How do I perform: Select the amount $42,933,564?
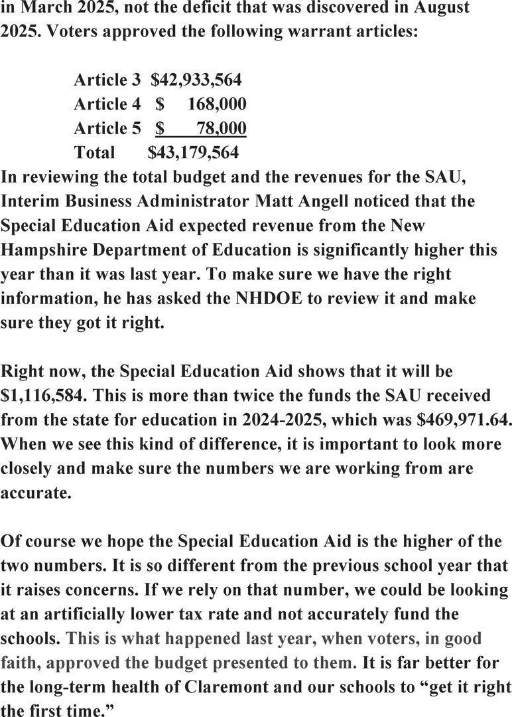(196, 80)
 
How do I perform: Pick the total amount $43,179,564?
(193, 153)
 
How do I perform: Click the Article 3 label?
(107, 80)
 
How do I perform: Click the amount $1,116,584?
(42, 395)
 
